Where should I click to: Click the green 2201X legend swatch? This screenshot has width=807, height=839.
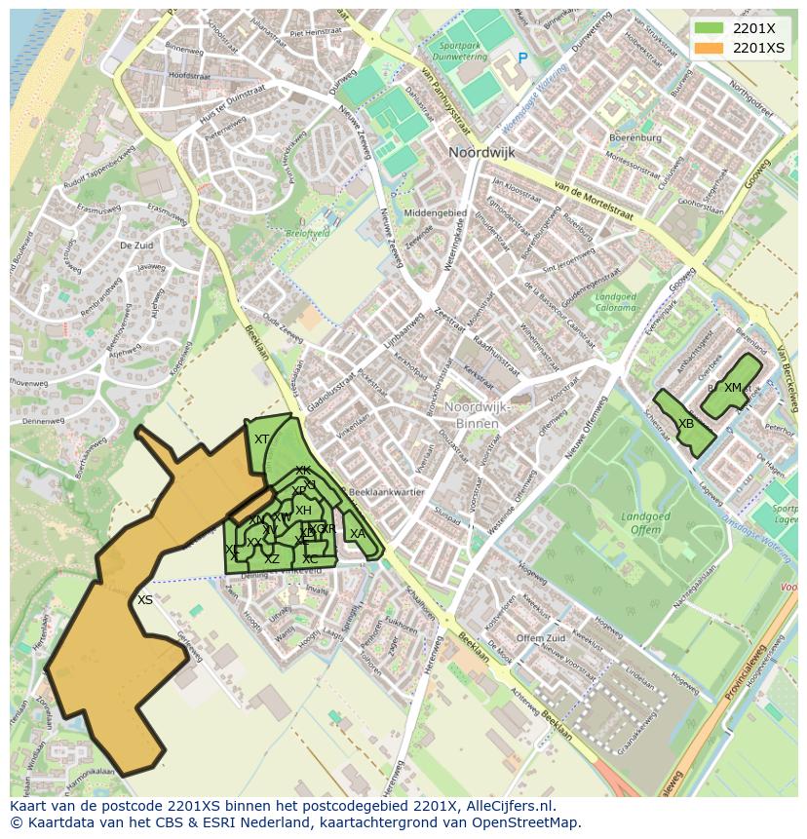[x=709, y=28]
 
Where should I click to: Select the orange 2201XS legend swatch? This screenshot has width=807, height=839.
[x=709, y=47]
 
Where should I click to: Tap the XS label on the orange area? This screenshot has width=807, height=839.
[x=145, y=600]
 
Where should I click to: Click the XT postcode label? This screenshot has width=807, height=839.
[x=261, y=439]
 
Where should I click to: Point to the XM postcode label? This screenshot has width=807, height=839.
[x=733, y=387]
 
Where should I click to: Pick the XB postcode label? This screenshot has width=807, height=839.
[x=686, y=424]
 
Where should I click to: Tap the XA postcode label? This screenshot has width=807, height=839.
[x=358, y=533]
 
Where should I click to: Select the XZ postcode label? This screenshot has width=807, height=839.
[x=272, y=558]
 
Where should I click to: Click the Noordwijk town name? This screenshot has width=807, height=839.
[x=480, y=153]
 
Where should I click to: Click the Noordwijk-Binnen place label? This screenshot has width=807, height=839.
[x=472, y=415]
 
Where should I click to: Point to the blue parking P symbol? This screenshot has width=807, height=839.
[x=522, y=58]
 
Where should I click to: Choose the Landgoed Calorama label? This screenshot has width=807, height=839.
[x=615, y=302]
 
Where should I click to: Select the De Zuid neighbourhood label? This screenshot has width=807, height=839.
[x=136, y=247]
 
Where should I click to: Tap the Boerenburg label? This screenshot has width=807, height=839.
[x=634, y=137]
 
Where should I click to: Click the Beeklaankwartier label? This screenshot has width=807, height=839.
[x=387, y=492]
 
